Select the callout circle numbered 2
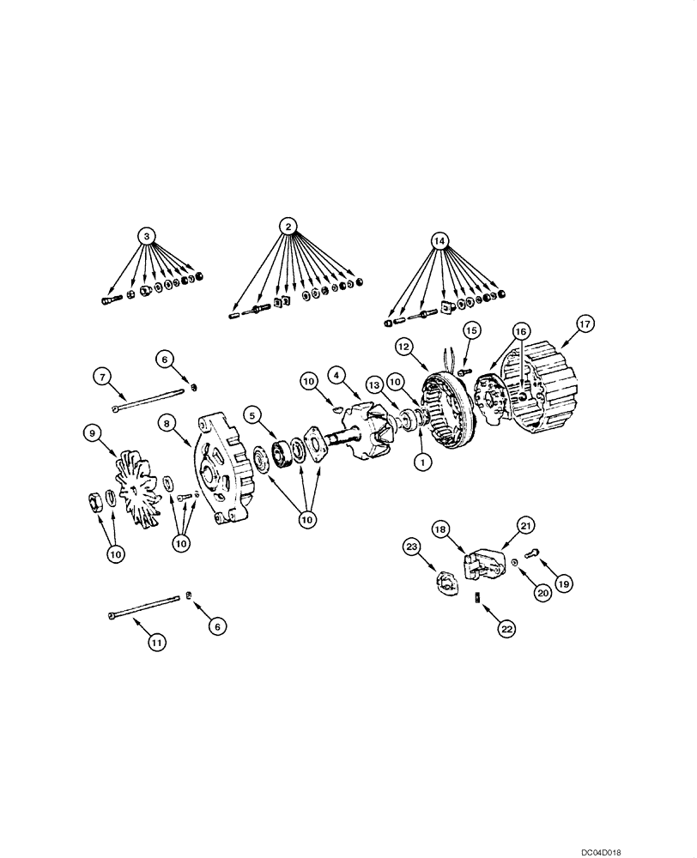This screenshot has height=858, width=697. coord(289,227)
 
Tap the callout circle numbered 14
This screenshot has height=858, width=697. coord(439,241)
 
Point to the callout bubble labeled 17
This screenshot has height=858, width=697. coord(584,324)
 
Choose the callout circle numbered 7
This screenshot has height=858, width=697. coord(101,376)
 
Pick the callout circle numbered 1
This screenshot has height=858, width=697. coord(420,461)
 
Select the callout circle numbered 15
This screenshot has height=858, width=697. coord(471,330)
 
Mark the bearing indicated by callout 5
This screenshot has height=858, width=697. coord(280,451)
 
